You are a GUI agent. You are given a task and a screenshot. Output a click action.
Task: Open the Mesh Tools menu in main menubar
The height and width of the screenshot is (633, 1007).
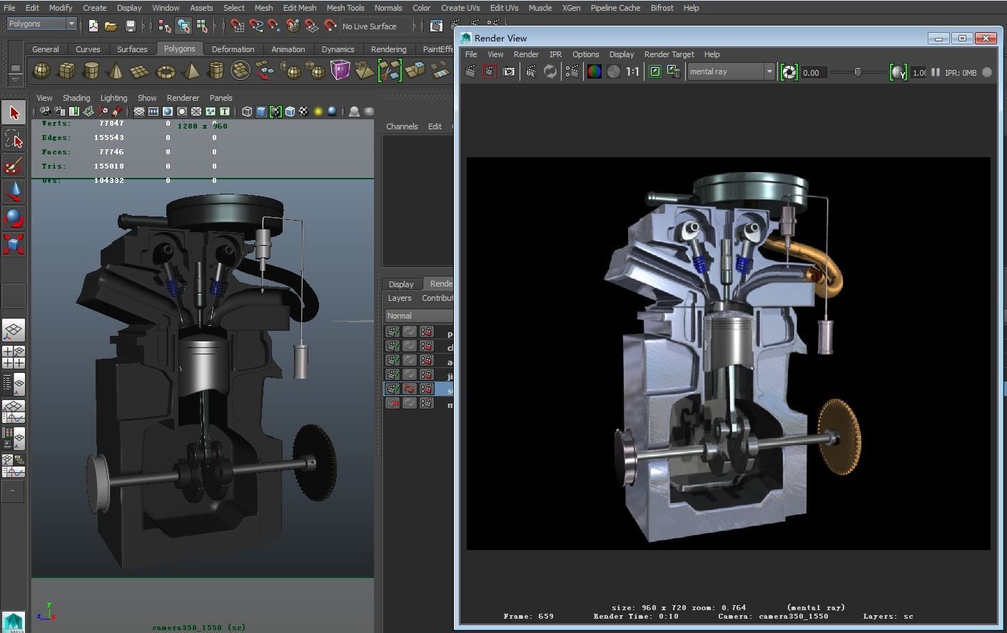pos(345,8)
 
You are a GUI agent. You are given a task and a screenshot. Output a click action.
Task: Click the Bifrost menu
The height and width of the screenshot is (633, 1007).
pos(662,8)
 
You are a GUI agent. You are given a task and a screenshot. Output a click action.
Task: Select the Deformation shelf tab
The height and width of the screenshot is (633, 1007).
pos(233,49)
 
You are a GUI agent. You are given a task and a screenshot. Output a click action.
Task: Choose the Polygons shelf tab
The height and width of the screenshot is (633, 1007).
pos(179,49)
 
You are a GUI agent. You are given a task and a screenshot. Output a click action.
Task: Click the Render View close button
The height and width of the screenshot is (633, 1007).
pos(986,38)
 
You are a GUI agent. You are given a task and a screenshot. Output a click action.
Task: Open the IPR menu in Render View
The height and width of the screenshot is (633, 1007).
pos(555,54)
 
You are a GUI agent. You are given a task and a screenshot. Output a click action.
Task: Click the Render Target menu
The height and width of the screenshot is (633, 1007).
pos(669,54)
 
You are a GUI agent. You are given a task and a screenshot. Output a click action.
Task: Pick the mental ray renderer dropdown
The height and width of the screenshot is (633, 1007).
pos(730,71)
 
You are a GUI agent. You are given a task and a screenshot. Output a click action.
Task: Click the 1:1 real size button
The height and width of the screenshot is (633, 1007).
pos(632,71)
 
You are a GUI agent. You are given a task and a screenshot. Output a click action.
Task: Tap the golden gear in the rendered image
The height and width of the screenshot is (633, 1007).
pos(840,437)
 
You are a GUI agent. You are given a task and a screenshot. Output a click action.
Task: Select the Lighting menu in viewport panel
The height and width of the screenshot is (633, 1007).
pos(113,98)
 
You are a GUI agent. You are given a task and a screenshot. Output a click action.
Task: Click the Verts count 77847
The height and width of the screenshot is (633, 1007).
pos(111,124)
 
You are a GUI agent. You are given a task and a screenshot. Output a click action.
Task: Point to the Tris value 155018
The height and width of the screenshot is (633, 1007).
pos(109,166)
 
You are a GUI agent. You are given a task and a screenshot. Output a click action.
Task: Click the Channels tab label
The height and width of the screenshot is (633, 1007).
pos(402,126)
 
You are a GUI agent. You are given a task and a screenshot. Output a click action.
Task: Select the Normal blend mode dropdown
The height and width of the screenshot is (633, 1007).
pos(418,316)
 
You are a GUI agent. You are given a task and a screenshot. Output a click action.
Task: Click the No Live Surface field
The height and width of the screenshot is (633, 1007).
pos(375,26)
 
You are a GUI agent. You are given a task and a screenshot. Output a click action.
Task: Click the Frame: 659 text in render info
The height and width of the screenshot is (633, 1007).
pos(528,616)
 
